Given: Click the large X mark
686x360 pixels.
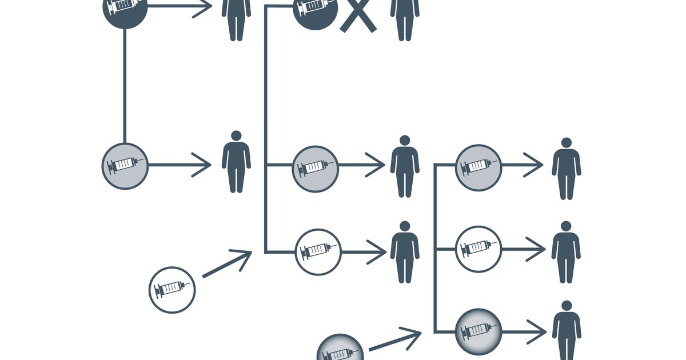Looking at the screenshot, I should tap(358, 15).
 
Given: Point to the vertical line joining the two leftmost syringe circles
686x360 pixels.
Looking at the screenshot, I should tap(125, 86).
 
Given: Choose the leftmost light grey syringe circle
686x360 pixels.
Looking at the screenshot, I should tap(125, 166).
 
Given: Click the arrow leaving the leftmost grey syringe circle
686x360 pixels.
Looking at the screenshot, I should tap(180, 166).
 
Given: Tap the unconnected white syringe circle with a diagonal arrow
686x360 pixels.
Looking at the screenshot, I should tap(172, 290).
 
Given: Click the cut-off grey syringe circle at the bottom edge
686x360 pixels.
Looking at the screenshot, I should tap(340, 348).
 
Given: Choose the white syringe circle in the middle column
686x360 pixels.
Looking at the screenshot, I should tap(318, 251).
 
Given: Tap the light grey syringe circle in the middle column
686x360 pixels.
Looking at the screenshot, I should tap(316, 169).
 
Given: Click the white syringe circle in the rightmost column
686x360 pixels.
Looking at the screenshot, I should tap(478, 249).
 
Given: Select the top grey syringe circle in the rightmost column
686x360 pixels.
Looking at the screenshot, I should tap(478, 167).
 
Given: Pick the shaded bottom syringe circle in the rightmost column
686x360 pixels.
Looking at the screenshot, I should tap(478, 331).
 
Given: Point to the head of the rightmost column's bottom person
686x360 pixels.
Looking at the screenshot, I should tap(566, 306).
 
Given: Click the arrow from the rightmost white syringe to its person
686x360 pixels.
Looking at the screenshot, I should tap(523, 249).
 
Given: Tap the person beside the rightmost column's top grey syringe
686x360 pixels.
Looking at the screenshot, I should tap(566, 169).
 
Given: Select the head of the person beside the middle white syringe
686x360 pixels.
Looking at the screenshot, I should tap(405, 226).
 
